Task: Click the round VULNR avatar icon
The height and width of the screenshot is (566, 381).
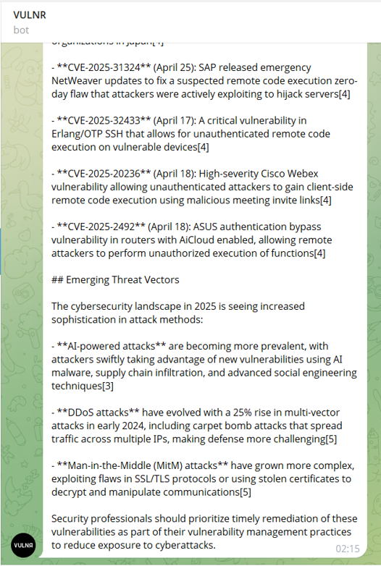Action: click(x=23, y=545)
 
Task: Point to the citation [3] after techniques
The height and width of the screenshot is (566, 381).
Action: click(x=108, y=386)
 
